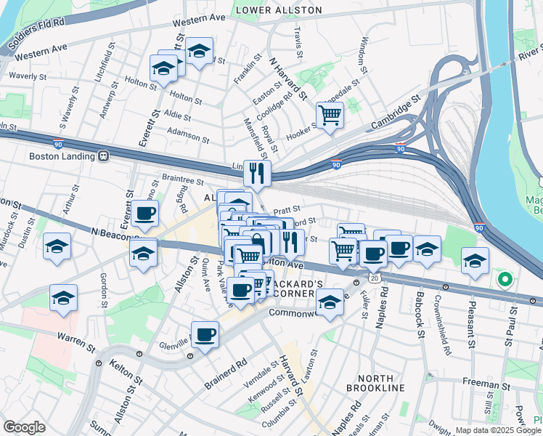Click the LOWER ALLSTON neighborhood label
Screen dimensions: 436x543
click(x=278, y=10)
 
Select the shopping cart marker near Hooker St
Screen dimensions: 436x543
click(x=330, y=115)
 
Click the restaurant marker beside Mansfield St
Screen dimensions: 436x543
click(x=257, y=174)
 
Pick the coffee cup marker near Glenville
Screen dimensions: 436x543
click(x=205, y=335)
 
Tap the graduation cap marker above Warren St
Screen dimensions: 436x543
click(x=63, y=298)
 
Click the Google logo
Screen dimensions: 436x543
click(x=24, y=427)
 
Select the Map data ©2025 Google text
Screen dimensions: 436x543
click(x=497, y=430)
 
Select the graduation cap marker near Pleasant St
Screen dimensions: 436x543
click(x=475, y=261)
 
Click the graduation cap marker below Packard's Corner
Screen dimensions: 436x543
click(x=330, y=303)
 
